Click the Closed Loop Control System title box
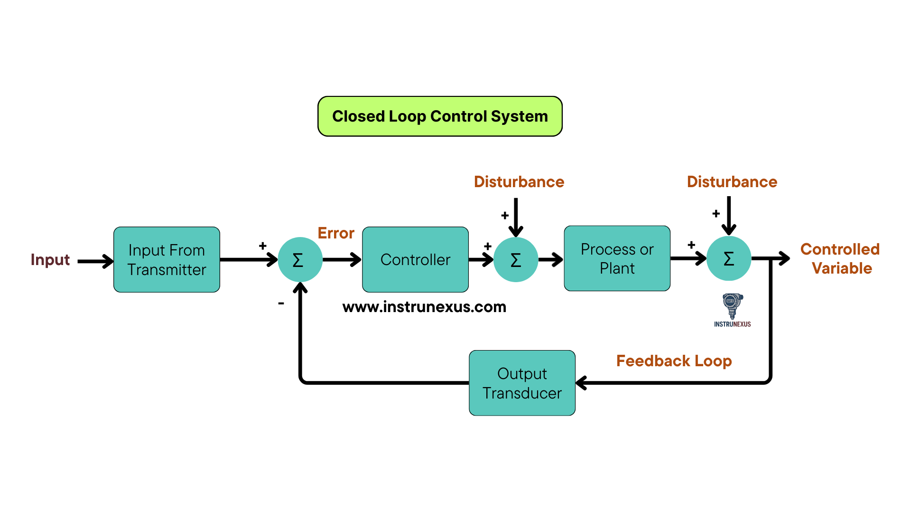click(440, 116)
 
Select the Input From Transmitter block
click(167, 259)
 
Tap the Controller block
click(415, 259)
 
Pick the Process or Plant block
click(617, 258)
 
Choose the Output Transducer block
click(522, 383)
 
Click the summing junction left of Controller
click(300, 259)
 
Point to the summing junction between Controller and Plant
click(516, 259)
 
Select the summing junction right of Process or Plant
click(729, 258)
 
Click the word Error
click(335, 233)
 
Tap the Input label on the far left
click(50, 260)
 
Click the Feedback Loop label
click(674, 361)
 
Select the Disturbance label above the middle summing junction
click(519, 182)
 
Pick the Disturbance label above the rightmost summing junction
click(732, 182)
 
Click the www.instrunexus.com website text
click(424, 307)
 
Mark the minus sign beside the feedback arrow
click(281, 303)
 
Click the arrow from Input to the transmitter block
click(95, 261)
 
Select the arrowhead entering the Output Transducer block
click(582, 383)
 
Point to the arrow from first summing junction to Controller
click(342, 259)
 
